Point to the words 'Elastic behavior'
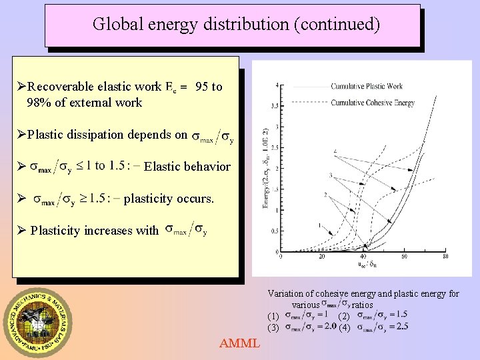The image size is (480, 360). (x=187, y=167)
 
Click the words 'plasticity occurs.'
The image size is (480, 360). (x=169, y=199)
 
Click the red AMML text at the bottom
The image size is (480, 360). (x=240, y=343)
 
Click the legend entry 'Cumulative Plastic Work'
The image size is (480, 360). (x=367, y=86)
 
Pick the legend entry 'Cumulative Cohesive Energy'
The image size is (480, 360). (x=373, y=103)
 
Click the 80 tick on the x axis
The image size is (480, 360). (x=445, y=257)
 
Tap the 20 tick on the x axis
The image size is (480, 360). (x=321, y=257)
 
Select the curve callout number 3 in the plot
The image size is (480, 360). (x=330, y=175)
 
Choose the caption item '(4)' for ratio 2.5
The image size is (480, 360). (x=344, y=327)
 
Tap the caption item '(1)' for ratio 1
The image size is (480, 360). (x=273, y=315)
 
